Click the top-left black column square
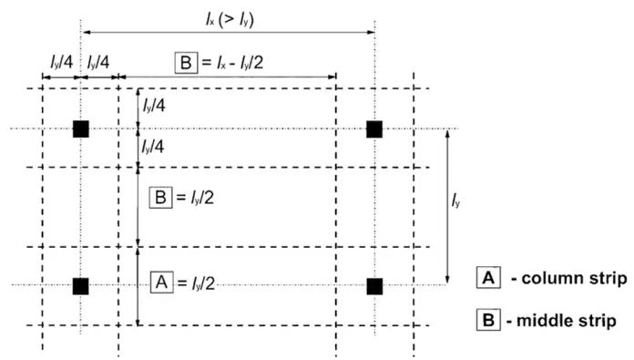(x=81, y=129)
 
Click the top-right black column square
(x=373, y=129)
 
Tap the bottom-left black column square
(x=81, y=286)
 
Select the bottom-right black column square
(x=373, y=286)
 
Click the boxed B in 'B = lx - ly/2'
(x=184, y=63)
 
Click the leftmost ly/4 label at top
(x=60, y=63)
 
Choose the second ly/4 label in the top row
(x=99, y=63)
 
